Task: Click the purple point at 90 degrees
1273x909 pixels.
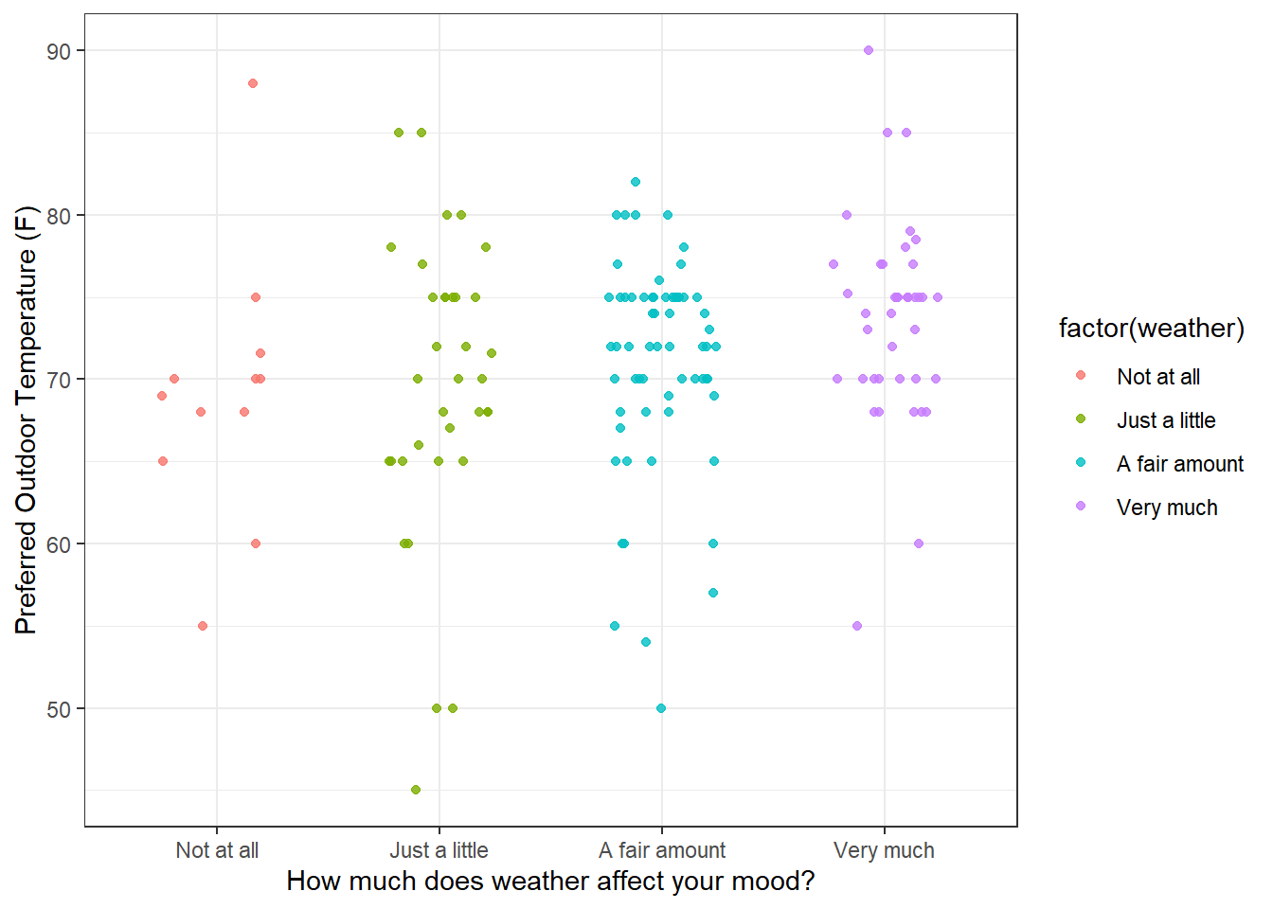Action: point(869,50)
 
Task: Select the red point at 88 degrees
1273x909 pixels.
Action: point(253,83)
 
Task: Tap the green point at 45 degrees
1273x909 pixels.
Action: point(416,790)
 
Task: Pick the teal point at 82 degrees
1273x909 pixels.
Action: point(636,182)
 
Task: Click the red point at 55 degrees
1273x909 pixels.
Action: point(203,626)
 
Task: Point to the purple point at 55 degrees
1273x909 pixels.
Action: point(857,626)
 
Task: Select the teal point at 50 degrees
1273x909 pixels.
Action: point(661,708)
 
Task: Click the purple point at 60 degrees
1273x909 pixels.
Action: point(919,544)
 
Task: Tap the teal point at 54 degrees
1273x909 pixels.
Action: point(646,642)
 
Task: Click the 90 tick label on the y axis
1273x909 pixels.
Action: point(59,51)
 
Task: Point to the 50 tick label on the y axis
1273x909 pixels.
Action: point(59,709)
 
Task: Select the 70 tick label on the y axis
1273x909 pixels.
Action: point(59,380)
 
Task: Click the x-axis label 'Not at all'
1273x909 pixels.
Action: point(217,850)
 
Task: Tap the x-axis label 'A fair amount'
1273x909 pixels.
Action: point(662,850)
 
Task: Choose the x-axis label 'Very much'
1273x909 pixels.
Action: point(884,850)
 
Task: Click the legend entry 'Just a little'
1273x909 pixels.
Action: point(1166,420)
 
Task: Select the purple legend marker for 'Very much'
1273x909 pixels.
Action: point(1081,507)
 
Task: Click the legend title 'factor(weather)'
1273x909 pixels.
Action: point(1151,329)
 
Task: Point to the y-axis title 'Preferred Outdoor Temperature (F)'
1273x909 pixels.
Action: point(26,419)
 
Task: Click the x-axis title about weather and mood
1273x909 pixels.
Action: point(550,882)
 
